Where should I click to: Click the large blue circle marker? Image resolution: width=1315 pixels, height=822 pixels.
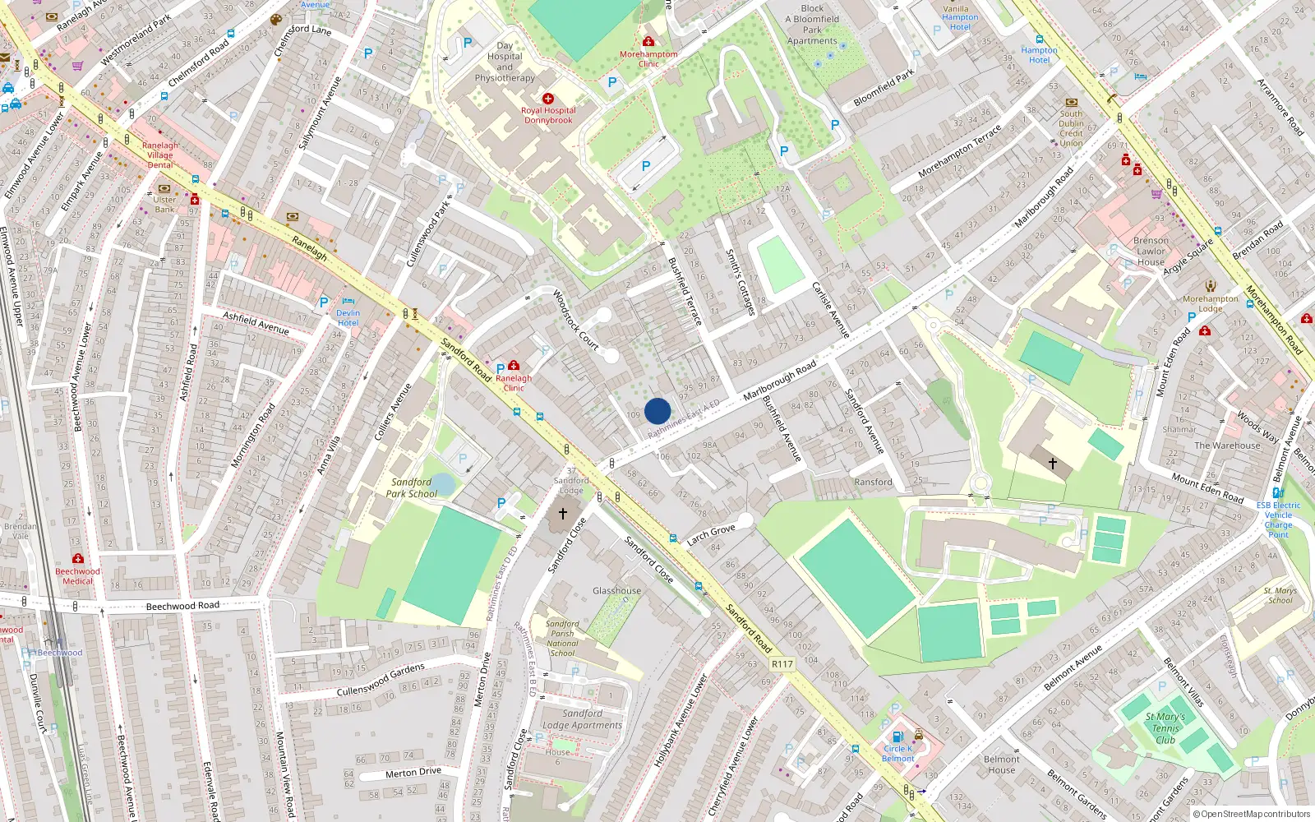657,411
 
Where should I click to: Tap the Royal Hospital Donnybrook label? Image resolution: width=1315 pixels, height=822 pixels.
548,115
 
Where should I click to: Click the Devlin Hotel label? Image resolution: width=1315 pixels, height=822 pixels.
348,317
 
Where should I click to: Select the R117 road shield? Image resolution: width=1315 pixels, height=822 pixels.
782,664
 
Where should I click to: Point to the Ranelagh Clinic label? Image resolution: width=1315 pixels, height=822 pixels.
514,383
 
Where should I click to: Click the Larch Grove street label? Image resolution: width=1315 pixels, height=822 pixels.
711,534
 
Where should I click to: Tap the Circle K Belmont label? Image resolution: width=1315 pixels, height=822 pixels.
898,753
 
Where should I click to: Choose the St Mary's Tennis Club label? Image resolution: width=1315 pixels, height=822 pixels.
1165,728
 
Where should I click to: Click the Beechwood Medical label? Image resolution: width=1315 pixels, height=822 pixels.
77,575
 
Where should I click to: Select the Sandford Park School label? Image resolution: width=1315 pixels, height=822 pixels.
411,488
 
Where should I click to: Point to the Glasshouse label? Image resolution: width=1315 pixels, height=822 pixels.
616,591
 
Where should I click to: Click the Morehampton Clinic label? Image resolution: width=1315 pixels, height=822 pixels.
648,58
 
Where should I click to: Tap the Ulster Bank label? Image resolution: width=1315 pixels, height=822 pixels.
164,204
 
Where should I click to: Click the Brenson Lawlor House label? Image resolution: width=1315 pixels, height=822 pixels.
1151,252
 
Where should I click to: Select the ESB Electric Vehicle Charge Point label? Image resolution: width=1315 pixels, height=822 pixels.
1278,520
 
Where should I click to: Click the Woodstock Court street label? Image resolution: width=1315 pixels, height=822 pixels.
575,319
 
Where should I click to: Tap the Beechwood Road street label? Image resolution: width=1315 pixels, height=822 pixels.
182,606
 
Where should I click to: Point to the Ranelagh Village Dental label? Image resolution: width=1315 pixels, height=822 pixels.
159,155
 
